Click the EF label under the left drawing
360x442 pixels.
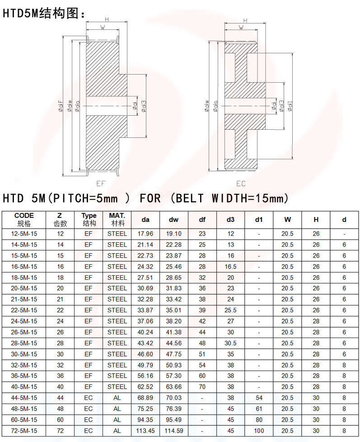(x=101, y=183)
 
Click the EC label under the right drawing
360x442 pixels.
(x=241, y=184)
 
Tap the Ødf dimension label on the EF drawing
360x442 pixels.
(x=61, y=106)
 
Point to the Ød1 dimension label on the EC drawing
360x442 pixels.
(x=290, y=106)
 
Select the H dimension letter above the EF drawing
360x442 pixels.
(x=107, y=19)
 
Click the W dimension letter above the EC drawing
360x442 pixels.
(x=241, y=28)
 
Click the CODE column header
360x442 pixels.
(x=24, y=216)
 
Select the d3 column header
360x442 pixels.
(x=230, y=220)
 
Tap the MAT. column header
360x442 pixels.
(x=117, y=216)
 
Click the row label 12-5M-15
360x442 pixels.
(x=24, y=234)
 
